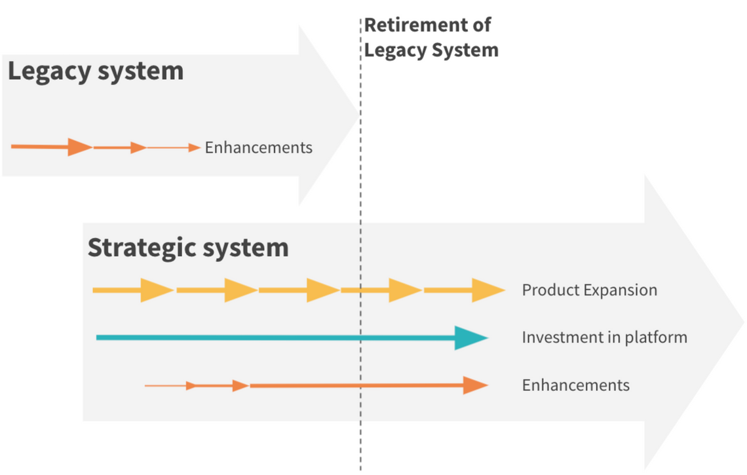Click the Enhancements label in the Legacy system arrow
click(x=258, y=147)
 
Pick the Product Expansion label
click(x=589, y=290)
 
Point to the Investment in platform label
click(x=604, y=337)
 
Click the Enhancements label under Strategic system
click(x=575, y=385)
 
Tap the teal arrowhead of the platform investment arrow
click(x=472, y=337)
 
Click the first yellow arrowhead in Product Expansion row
click(x=157, y=290)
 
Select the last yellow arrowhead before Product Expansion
click(x=488, y=290)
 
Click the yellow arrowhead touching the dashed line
click(x=405, y=290)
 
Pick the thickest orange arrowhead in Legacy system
click(x=80, y=147)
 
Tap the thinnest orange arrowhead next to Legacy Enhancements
click(x=195, y=147)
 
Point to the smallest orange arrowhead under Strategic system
click(x=191, y=385)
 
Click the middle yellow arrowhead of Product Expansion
click(x=322, y=290)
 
